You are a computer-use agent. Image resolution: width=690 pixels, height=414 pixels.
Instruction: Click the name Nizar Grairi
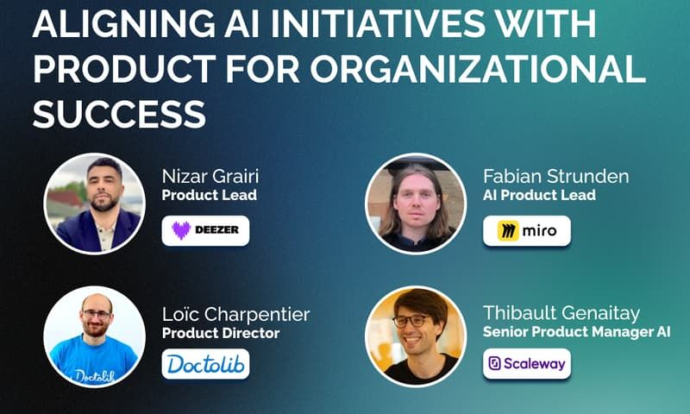click(210, 177)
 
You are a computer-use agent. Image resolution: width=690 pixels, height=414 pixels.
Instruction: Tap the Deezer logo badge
click(205, 230)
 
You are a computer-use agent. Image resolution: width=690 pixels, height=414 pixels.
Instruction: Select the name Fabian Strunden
click(555, 177)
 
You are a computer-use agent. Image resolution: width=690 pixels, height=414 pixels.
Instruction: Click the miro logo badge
click(526, 230)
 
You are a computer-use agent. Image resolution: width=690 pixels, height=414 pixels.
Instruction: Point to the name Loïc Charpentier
click(235, 314)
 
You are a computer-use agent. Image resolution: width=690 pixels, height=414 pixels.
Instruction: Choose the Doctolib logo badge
click(205, 364)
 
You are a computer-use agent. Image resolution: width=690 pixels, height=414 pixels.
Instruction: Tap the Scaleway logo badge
click(526, 364)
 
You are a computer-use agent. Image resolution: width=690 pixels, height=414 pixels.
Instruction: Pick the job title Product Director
click(221, 333)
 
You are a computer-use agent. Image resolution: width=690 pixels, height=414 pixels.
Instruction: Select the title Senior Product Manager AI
click(576, 333)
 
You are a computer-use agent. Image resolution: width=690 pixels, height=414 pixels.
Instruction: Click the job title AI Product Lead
click(539, 196)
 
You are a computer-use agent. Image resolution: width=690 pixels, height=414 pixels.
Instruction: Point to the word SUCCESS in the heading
click(119, 113)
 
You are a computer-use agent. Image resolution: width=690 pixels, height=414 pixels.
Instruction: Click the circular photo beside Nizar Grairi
click(94, 204)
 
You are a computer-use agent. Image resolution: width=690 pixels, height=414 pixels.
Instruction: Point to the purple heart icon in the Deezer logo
click(181, 231)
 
